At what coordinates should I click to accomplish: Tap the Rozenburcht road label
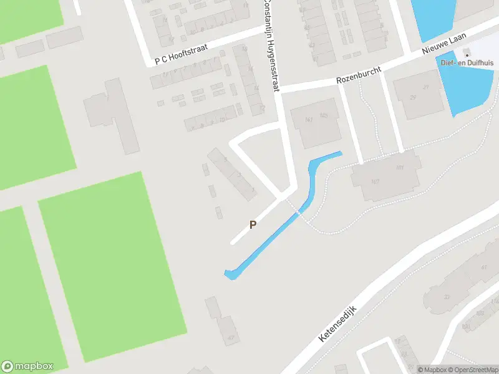[358, 76]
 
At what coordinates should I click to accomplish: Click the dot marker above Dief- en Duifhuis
[467, 55]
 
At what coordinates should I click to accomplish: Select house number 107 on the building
[375, 182]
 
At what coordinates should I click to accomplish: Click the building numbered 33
[446, 297]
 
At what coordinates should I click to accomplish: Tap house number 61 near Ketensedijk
[485, 267]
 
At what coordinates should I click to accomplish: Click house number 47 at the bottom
[231, 337]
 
